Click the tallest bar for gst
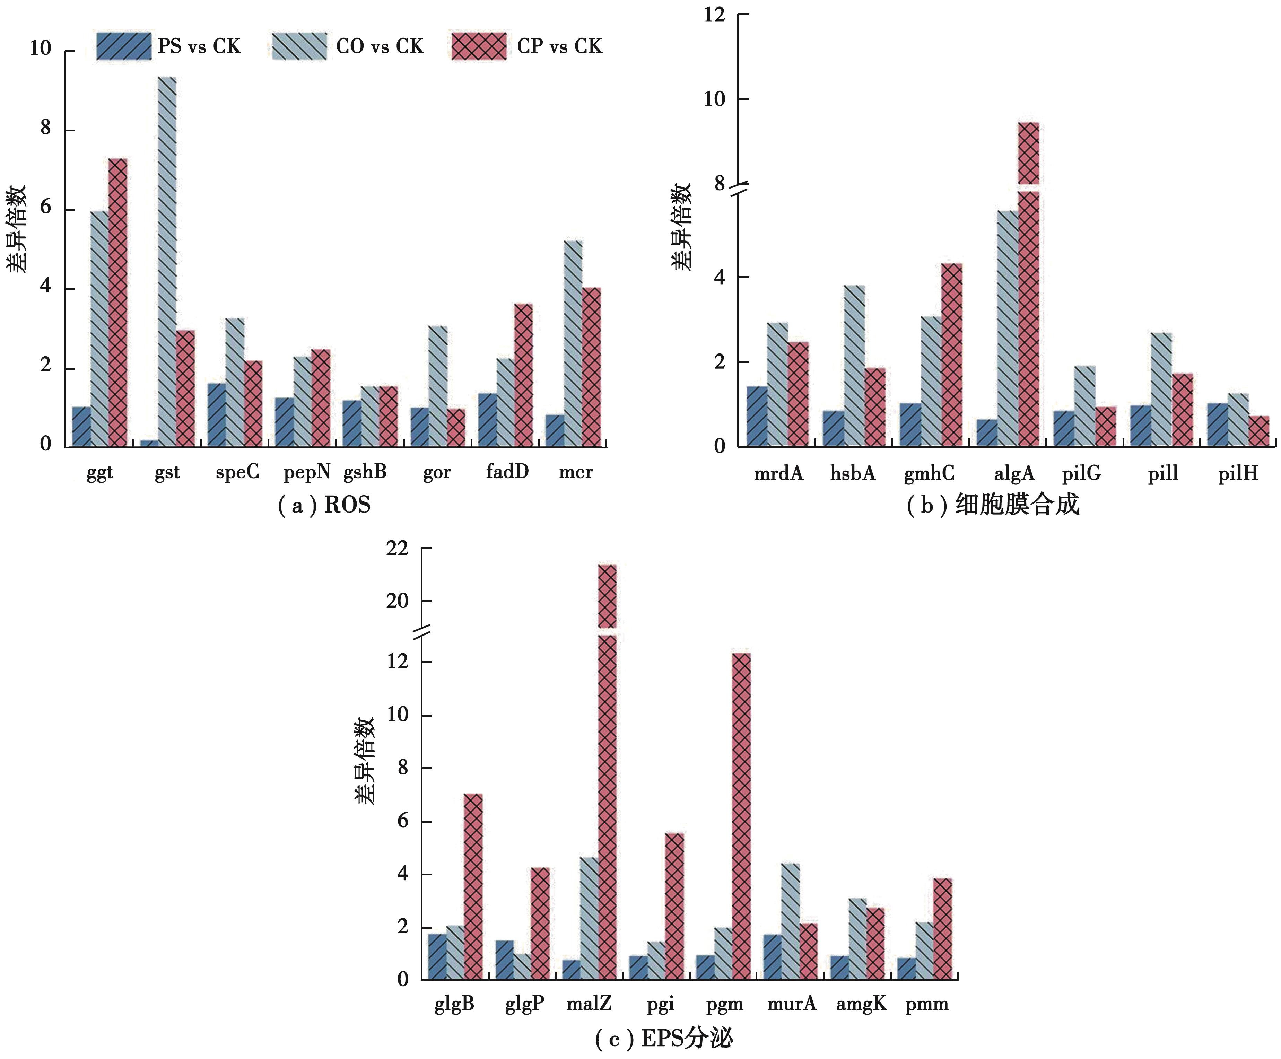[167, 262]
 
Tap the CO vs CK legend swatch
[299, 46]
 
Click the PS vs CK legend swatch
[123, 46]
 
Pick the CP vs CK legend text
[559, 46]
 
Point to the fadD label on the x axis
[507, 472]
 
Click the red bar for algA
[1028, 305]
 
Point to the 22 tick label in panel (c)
[397, 549]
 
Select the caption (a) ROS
[324, 506]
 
